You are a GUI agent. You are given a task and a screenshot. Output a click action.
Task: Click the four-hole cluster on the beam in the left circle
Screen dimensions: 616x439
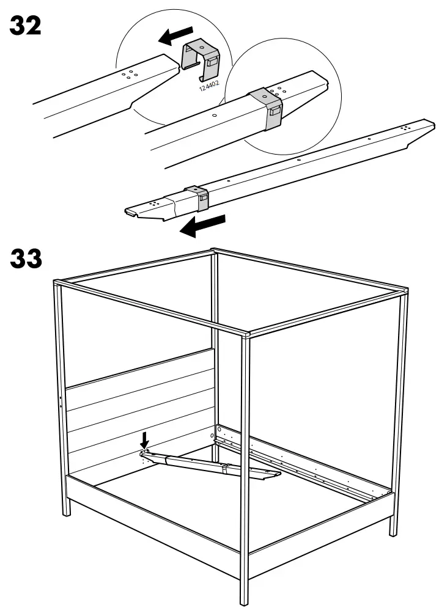pyautogui.click(x=130, y=74)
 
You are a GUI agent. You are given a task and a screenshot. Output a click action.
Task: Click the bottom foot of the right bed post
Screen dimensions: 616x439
pyautogui.click(x=389, y=535)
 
